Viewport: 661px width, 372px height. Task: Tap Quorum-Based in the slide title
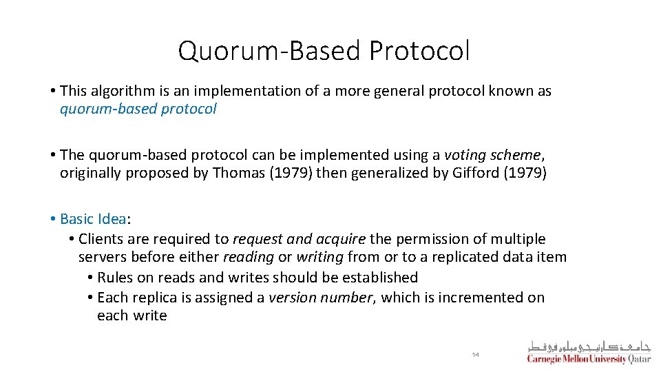coord(269,51)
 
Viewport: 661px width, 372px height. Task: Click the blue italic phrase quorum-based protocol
coord(138,109)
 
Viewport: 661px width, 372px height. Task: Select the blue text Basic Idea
coord(93,219)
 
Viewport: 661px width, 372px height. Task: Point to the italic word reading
coord(248,257)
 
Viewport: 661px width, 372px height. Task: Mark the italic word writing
coord(319,257)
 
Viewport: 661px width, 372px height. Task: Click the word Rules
coord(115,278)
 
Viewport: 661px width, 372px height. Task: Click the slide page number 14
coord(475,354)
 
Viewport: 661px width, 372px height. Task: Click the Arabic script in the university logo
coord(589,346)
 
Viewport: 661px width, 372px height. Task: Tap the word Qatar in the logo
coord(640,359)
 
